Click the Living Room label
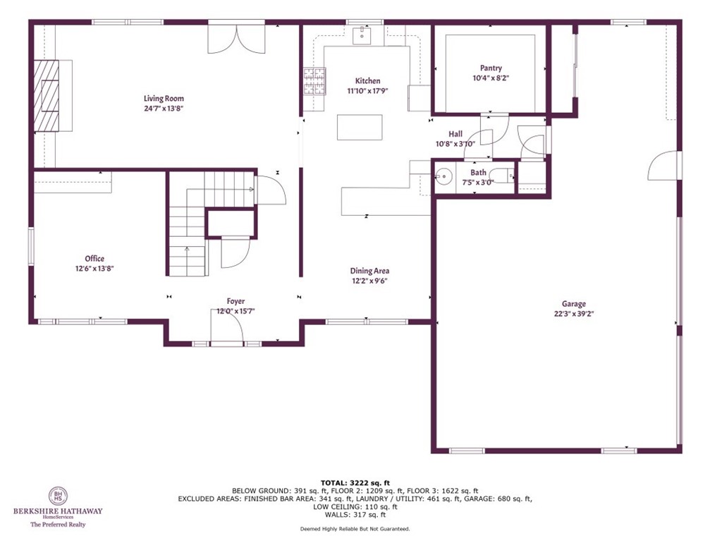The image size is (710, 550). (x=164, y=99)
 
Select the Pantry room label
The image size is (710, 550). (x=490, y=68)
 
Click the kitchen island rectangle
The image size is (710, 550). (x=360, y=127)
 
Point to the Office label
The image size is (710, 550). (x=94, y=259)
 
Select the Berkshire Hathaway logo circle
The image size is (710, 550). (x=58, y=496)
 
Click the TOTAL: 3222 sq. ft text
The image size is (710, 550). (x=355, y=482)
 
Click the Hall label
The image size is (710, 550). (x=455, y=134)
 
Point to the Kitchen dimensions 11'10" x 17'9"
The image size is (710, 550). (x=367, y=91)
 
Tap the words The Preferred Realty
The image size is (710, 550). (x=58, y=525)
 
